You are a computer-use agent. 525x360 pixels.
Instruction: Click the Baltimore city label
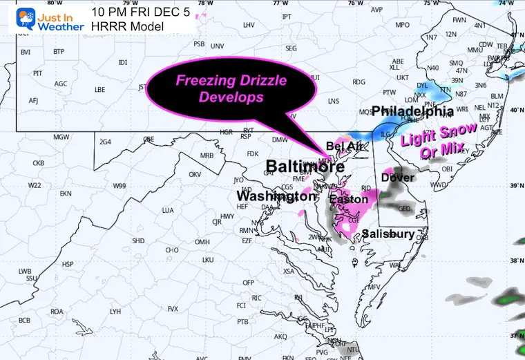coord(305,167)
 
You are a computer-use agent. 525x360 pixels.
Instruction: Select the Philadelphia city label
coord(413,111)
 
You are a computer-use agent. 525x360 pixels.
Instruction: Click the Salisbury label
coord(388,234)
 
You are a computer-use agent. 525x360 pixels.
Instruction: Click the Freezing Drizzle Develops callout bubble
coord(231,88)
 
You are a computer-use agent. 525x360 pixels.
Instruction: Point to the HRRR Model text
coord(128,26)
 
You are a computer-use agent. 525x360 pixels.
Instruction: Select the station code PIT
coord(38,73)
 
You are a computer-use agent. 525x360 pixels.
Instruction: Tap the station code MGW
coord(61,136)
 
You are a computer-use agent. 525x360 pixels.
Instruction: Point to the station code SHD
coord(138,240)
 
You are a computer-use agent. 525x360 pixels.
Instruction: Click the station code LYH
coord(115,312)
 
